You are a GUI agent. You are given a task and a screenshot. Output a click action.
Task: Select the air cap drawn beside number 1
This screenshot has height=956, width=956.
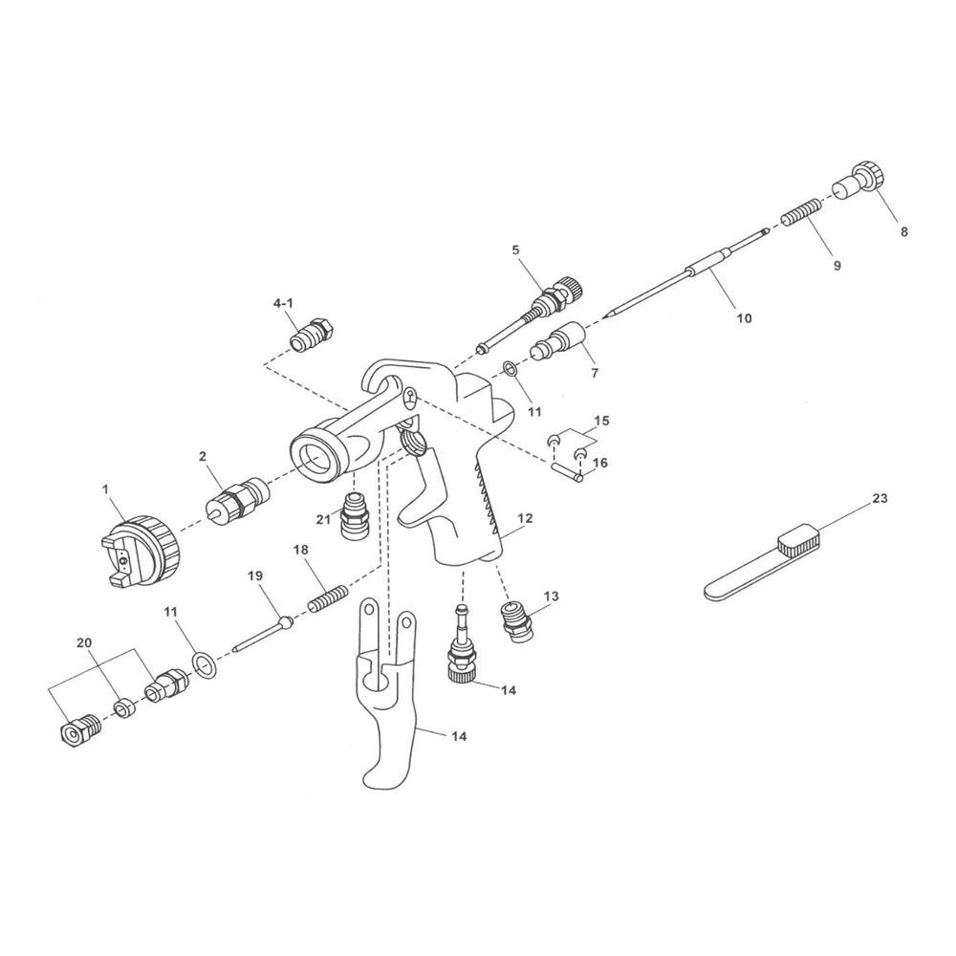point(141,552)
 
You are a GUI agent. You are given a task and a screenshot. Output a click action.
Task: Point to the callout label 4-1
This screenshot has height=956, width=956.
point(283,303)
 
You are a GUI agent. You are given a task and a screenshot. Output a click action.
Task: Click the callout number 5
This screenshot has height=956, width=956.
point(515,250)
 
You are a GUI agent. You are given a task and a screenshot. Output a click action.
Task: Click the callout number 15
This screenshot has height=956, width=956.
point(601,421)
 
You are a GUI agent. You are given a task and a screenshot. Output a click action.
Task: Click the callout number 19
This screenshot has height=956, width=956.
point(255,576)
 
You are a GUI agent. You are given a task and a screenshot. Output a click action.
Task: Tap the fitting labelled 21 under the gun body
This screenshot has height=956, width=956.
point(356,518)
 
